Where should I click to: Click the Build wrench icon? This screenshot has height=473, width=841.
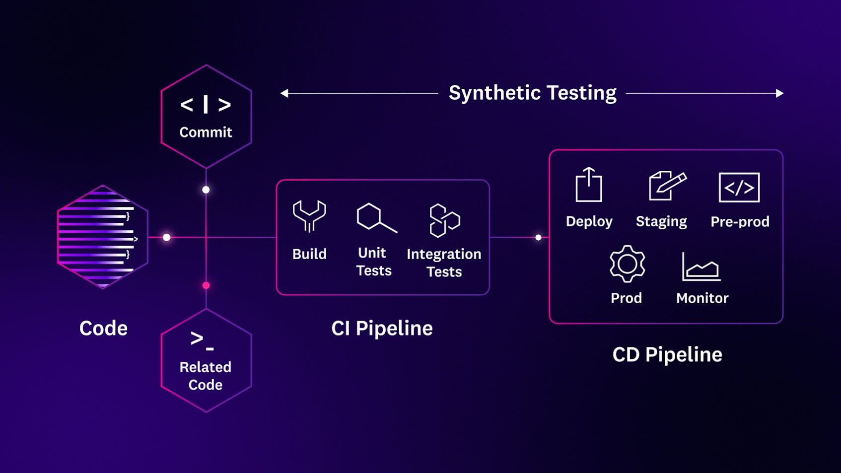(x=309, y=216)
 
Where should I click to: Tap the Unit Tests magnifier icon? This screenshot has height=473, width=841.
(x=376, y=218)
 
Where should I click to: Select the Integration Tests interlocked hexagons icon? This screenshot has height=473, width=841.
(x=444, y=220)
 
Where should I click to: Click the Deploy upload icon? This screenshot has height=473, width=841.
(x=589, y=185)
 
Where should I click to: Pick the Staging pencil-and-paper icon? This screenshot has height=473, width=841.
(x=667, y=185)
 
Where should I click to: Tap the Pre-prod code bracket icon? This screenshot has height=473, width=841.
(x=739, y=188)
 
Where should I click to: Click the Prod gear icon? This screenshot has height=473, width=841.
(x=627, y=264)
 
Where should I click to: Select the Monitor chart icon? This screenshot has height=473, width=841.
(x=701, y=267)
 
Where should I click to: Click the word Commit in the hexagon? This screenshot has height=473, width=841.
(x=206, y=132)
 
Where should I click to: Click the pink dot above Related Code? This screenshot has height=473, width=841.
(x=206, y=285)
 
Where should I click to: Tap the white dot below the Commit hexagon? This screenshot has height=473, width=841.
(x=206, y=190)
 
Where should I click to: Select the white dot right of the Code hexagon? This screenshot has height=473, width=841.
(x=167, y=237)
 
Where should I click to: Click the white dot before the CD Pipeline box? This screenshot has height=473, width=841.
(x=538, y=238)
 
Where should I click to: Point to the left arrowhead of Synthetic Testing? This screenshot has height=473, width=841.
(x=284, y=93)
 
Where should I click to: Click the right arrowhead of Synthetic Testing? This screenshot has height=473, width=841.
(x=779, y=93)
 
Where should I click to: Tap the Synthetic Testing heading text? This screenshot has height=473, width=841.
(x=532, y=93)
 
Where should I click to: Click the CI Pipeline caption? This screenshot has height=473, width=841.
(x=382, y=328)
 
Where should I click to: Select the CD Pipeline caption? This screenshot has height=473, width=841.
(x=667, y=354)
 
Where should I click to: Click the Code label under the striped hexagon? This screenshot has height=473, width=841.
(x=103, y=328)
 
